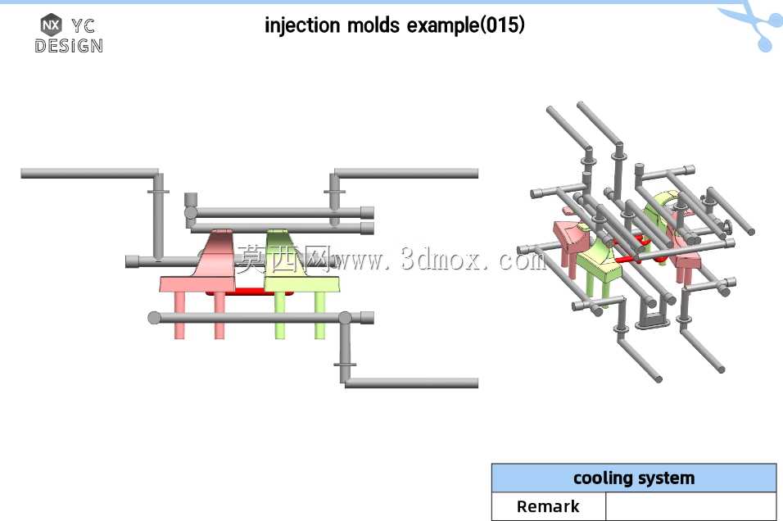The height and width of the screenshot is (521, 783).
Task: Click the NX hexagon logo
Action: pyautogui.click(x=51, y=25)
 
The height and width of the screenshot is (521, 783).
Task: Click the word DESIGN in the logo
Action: pyautogui.click(x=69, y=46)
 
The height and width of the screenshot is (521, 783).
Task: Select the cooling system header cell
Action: pyautogui.click(x=634, y=478)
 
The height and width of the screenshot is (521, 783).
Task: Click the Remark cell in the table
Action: pyautogui.click(x=548, y=506)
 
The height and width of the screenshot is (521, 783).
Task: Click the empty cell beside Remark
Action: pyautogui.click(x=690, y=506)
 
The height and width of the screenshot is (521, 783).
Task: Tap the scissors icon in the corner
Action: pyautogui.click(x=754, y=22)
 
